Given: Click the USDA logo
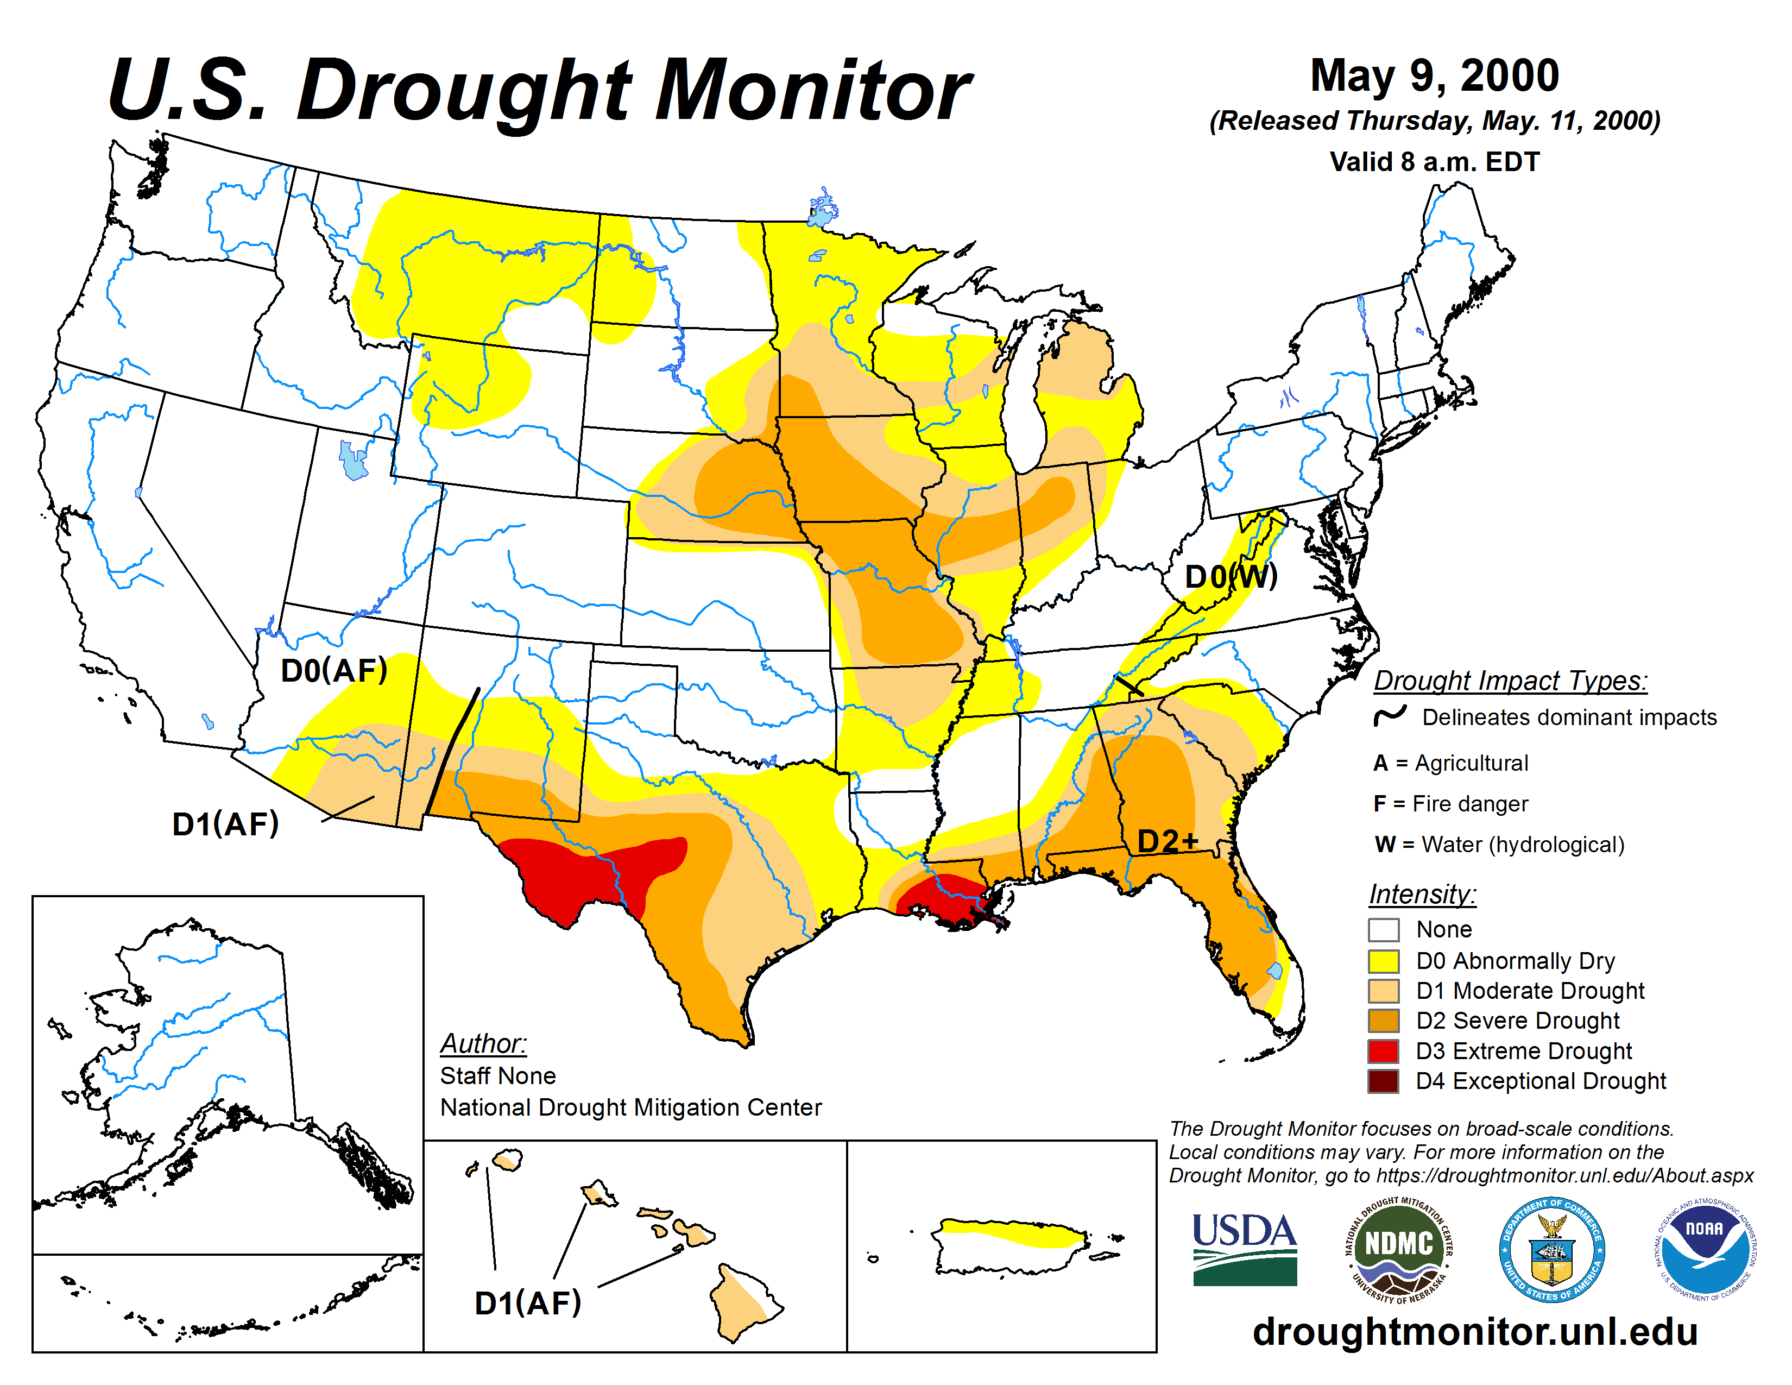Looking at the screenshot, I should tap(1244, 1249).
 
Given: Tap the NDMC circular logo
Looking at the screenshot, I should tap(1398, 1249).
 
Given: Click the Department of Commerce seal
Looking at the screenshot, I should tap(1551, 1249).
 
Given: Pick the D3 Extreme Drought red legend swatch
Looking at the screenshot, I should tap(1384, 1051).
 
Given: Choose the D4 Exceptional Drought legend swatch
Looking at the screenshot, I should tap(1384, 1081).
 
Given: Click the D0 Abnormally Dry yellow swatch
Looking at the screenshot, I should tap(1384, 961).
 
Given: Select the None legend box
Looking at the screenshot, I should tap(1384, 930).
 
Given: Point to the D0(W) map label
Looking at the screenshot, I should tap(1231, 577).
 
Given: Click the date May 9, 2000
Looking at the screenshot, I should tap(1434, 75).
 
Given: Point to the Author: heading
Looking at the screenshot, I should tap(483, 1044).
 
